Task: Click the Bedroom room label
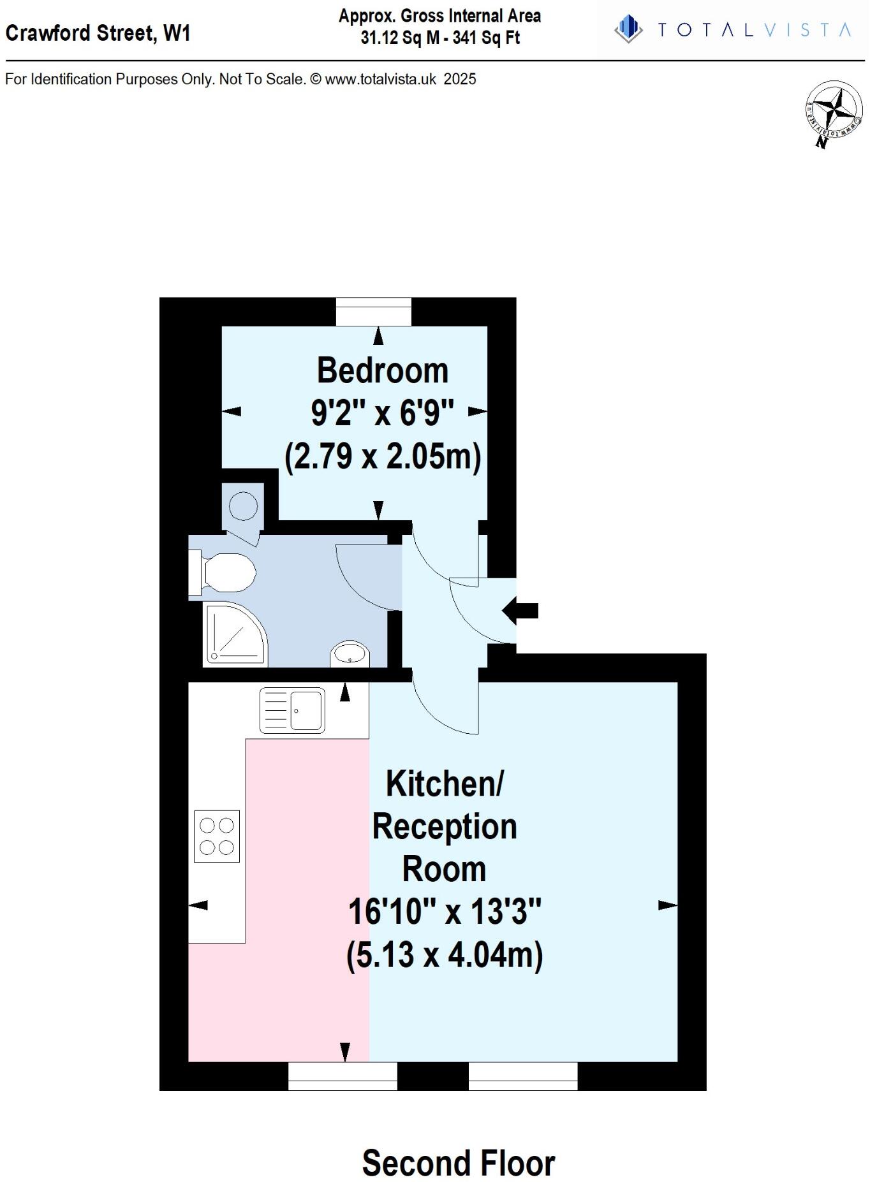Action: click(x=383, y=370)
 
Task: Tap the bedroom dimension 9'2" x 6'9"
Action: click(x=382, y=413)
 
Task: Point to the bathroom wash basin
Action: click(x=350, y=653)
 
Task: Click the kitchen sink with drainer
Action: click(x=292, y=710)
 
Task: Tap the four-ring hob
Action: click(x=217, y=836)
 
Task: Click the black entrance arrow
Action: click(x=520, y=610)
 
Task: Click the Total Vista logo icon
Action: click(x=628, y=29)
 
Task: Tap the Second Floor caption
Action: click(x=459, y=1162)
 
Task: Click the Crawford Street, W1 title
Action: click(x=98, y=33)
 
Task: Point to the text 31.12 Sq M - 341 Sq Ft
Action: click(x=440, y=38)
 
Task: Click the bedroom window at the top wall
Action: click(x=374, y=312)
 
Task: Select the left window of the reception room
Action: click(x=343, y=1076)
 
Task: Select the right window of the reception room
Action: click(x=523, y=1076)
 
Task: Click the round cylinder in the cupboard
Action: click(x=243, y=506)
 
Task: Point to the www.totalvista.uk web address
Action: click(x=381, y=79)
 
